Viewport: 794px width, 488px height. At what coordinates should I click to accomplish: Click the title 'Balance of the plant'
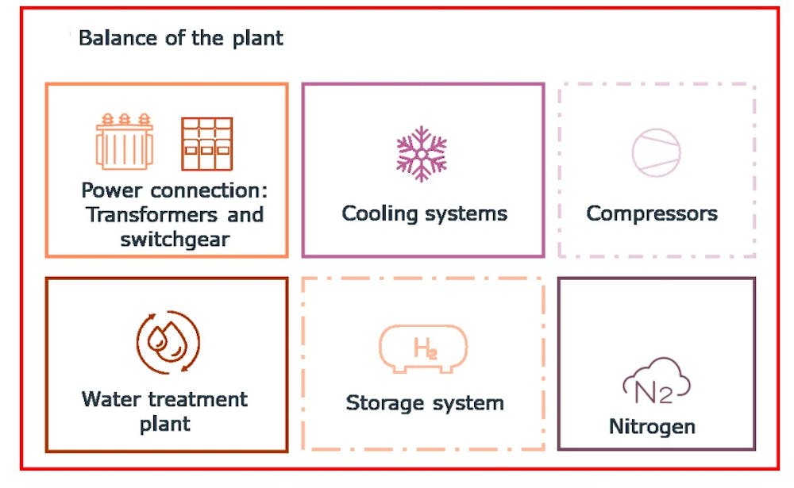(181, 38)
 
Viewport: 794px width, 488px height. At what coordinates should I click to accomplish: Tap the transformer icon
(125, 143)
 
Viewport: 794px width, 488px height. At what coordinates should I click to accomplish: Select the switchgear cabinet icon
(206, 144)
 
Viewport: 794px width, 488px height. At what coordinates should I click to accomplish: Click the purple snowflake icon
(422, 153)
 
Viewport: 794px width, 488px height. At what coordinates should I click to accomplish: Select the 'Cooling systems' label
(424, 213)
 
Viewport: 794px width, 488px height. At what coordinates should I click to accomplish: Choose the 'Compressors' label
(652, 213)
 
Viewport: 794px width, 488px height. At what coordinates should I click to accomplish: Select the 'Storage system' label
(425, 403)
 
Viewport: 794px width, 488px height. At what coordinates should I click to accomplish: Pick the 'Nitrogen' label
(652, 427)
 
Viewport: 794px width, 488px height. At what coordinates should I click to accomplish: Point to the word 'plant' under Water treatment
(165, 424)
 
